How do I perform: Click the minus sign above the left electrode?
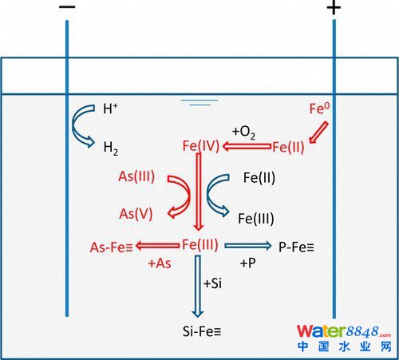pos(67,7)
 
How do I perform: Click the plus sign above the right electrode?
pos(334,8)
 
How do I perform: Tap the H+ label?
pos(110,109)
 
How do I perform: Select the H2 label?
pos(111,148)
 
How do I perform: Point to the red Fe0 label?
pos(319,109)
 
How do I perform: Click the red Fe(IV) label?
pos(201,146)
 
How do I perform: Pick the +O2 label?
pos(243,133)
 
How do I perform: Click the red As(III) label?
pos(136,176)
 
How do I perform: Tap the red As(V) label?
pos(136,214)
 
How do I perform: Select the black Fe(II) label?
pos(259,178)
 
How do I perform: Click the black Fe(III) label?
pos(256,219)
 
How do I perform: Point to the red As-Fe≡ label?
pos(111,247)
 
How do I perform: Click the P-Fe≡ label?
pos(296,247)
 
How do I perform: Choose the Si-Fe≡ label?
pos(202,331)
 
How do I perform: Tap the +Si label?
pos(212,283)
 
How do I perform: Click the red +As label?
pos(160,263)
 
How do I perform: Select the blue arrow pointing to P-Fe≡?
pos(248,246)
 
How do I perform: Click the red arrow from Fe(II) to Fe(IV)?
pos(247,146)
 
